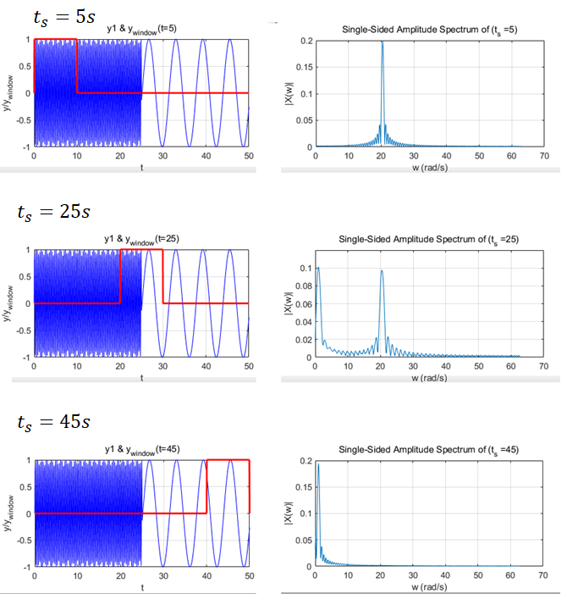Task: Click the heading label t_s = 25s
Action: pos(52,212)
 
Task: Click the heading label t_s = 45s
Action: pos(52,420)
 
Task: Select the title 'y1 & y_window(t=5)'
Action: pos(141,30)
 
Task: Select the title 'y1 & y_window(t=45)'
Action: pos(141,449)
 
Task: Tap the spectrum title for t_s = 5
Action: pos(429,30)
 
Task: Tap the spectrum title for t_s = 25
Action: pos(429,240)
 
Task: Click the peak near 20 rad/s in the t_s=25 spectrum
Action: pos(382,271)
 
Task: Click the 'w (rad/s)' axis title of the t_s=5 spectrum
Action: pos(429,167)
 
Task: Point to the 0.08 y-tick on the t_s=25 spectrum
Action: pos(304,286)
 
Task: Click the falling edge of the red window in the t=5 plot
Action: pos(77,66)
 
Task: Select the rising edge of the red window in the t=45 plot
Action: pos(206,486)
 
